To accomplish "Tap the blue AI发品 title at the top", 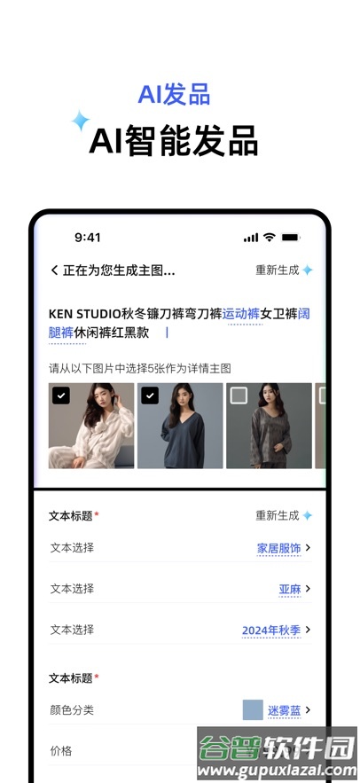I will coord(174,95).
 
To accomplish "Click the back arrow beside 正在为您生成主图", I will coord(55,270).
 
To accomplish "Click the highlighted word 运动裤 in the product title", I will coord(241,313).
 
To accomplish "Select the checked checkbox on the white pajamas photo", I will coord(61,395).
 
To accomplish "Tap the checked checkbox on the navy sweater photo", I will coord(150,395).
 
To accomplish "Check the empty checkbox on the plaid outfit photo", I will coord(239,395).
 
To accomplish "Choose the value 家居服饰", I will coord(279,548).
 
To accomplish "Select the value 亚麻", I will coord(290,589).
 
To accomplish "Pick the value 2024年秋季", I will coord(271,630).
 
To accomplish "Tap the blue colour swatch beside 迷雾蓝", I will coord(253,709).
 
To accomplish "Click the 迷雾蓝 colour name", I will coord(285,710).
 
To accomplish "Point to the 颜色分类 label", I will coord(72,710).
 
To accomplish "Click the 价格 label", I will coord(61,751).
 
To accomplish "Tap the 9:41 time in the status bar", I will coord(88,238).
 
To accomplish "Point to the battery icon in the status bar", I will coord(291,238).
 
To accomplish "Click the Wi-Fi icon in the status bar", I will coord(270,238).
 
